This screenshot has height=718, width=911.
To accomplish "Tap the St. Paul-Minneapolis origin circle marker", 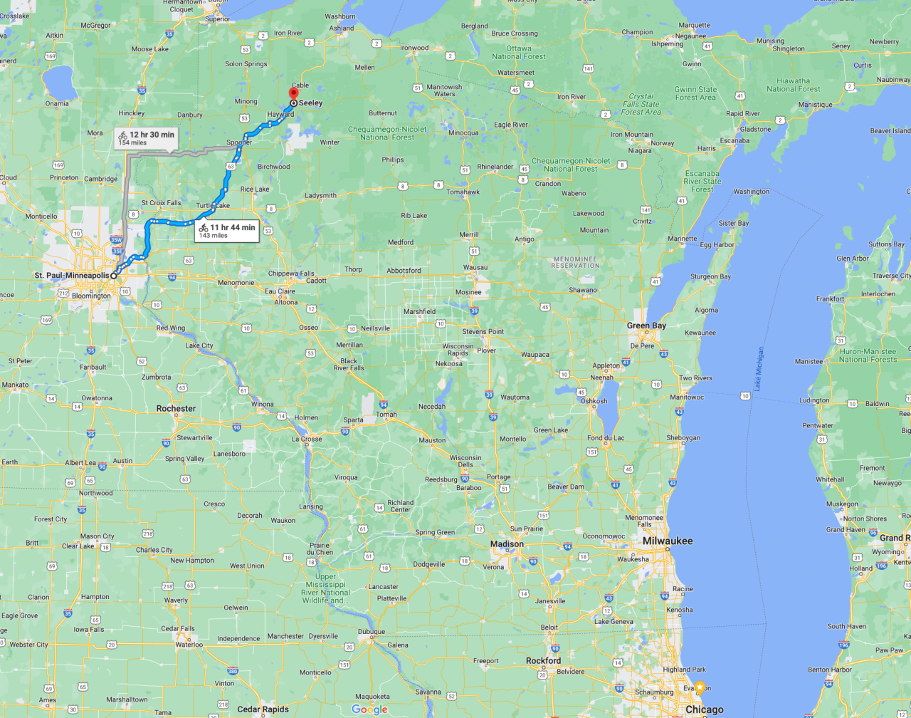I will pos(114,275).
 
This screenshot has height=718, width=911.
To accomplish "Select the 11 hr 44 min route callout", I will pos(226,231).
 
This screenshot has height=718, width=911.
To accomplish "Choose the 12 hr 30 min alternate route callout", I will pos(146,137).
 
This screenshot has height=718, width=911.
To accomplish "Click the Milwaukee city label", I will pos(668,541).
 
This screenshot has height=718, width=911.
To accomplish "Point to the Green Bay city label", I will pos(646,326).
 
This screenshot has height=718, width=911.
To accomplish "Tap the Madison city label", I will pos(507,543).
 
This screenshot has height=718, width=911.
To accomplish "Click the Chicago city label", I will pos(704,709).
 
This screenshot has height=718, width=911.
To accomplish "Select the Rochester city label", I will pos(176,408).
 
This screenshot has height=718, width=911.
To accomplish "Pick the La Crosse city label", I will pos(307,439).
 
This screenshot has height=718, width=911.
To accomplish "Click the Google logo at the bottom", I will pos(369,709).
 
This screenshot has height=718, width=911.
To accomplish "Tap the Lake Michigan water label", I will pos(759,368).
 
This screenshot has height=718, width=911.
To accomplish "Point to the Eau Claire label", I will pos(280,291).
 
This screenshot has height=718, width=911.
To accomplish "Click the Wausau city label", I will pos(475,267).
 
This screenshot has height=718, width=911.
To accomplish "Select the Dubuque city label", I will pos(371,631).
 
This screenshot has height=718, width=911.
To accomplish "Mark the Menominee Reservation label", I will pos(575,262).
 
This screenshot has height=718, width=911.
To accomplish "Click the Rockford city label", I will pos(543,660).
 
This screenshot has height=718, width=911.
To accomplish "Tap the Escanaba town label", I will pos(734,140).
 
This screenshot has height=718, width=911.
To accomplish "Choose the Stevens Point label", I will pos(483,331).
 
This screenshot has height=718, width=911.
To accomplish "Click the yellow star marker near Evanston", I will pos(700,687).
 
